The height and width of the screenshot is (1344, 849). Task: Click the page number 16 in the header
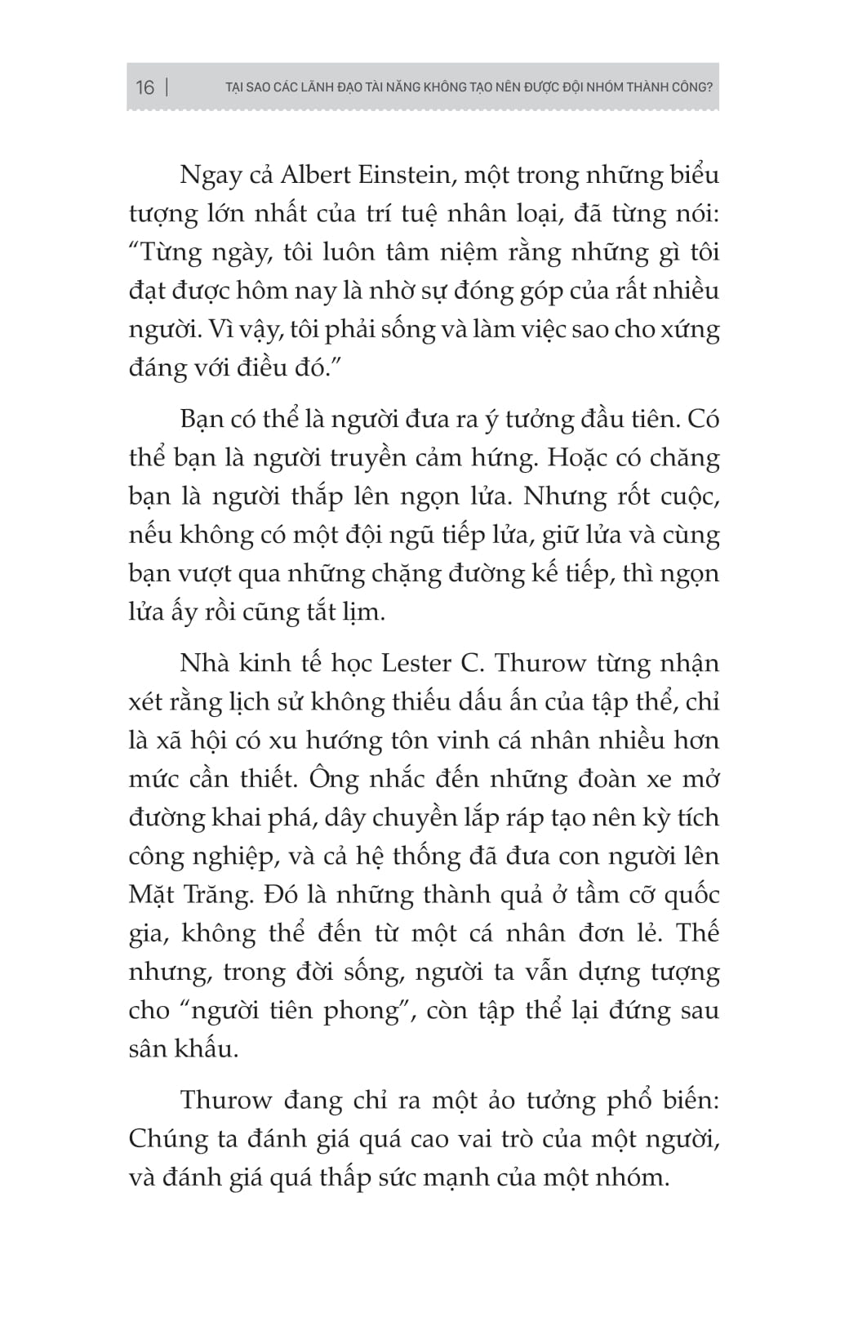point(144,87)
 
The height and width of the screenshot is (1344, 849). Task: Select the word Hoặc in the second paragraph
point(577,458)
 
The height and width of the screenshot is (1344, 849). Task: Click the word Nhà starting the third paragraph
point(204,663)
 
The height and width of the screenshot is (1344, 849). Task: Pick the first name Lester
point(416,663)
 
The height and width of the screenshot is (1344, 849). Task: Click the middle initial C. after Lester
point(472,663)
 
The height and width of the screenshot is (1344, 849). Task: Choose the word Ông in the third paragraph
point(334,779)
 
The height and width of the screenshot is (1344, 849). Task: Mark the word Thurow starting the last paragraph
point(226,1101)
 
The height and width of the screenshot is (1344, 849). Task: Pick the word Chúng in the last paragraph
point(166,1140)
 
